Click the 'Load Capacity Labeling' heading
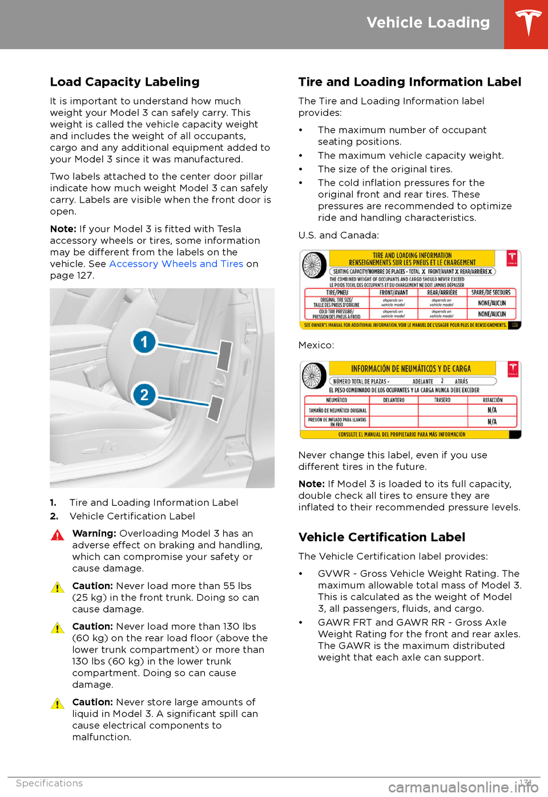click(x=124, y=82)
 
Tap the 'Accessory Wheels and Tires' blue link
click(x=176, y=264)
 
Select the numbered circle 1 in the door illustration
click(x=144, y=342)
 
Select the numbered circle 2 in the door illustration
click(x=144, y=395)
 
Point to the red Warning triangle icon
click(x=57, y=536)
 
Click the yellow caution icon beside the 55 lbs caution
click(x=57, y=587)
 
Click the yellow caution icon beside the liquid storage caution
click(x=57, y=704)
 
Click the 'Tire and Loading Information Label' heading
click(x=409, y=82)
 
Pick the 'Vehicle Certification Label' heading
click(x=381, y=537)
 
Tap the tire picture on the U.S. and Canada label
click(x=314, y=265)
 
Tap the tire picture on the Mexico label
click(x=313, y=376)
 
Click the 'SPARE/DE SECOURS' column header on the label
click(x=491, y=292)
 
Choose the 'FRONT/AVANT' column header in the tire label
click(x=394, y=292)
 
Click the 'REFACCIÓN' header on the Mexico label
click(x=493, y=400)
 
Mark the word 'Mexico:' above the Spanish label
click(x=316, y=345)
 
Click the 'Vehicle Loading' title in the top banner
click(x=428, y=23)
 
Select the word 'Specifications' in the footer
click(x=49, y=783)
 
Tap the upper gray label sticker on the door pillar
click(x=224, y=355)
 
